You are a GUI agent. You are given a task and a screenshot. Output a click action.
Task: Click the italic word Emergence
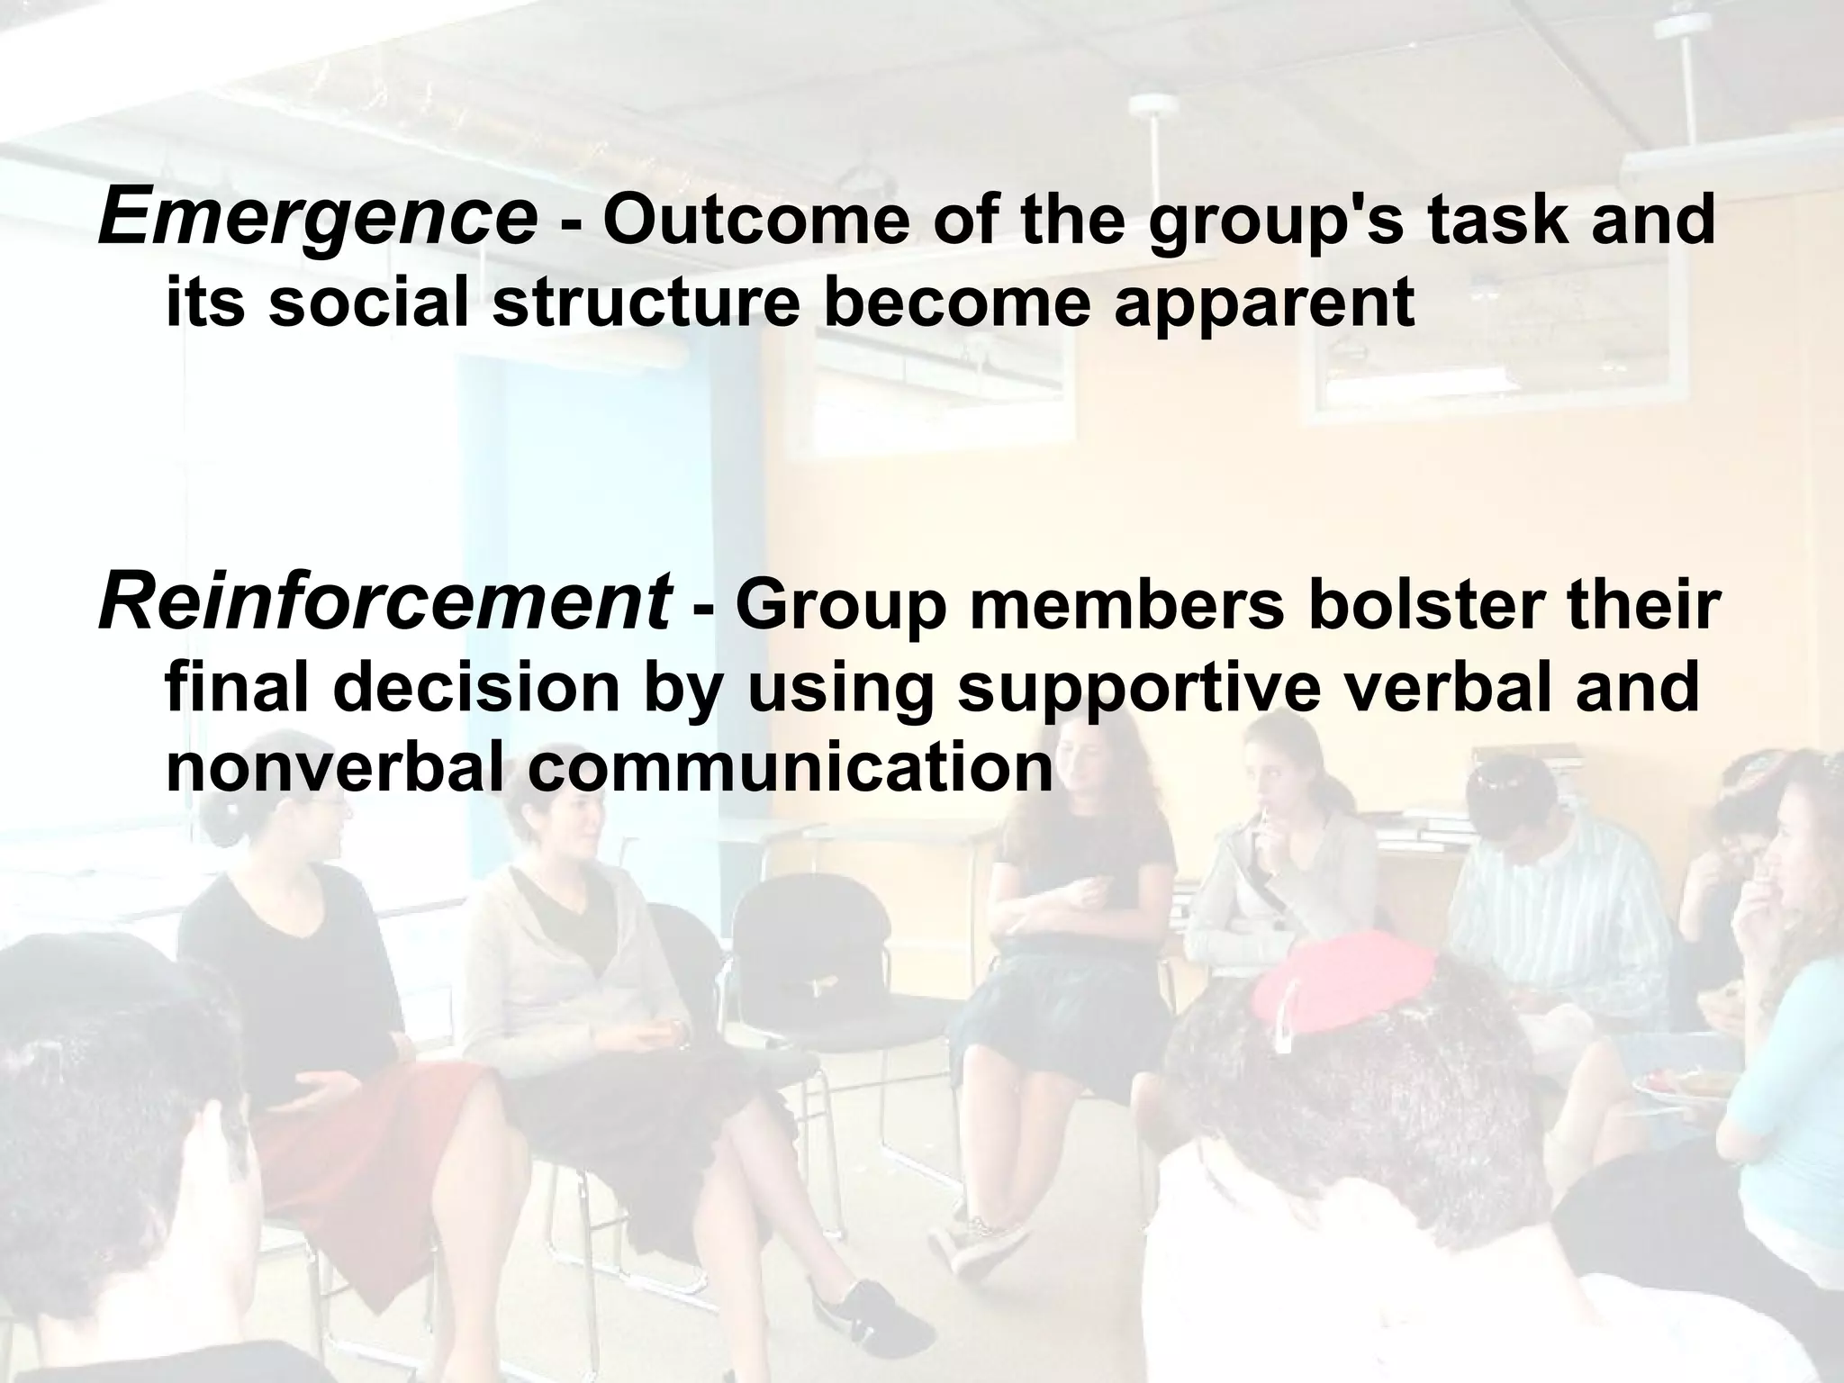coord(317,218)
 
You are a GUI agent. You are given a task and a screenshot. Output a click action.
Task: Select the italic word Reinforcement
coord(384,605)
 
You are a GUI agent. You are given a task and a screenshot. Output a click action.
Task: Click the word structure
coord(646,303)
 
